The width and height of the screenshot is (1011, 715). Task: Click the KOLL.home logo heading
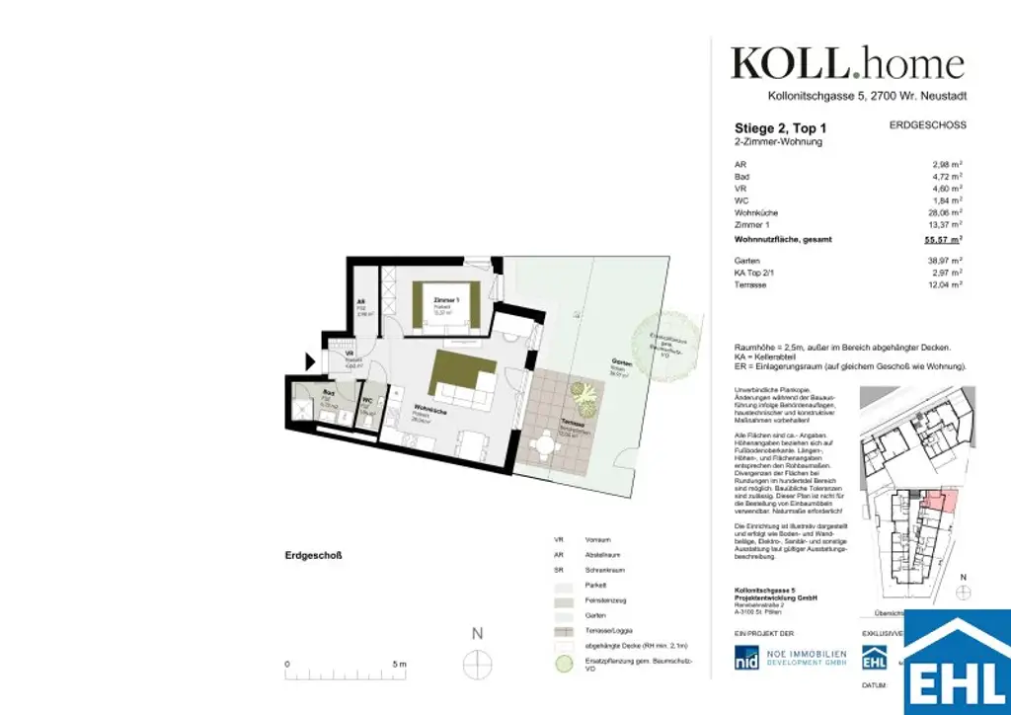[847, 64]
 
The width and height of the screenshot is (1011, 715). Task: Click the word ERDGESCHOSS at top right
[927, 125]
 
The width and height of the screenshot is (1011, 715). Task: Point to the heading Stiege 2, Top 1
[781, 128]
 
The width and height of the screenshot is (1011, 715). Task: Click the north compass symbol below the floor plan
[477, 665]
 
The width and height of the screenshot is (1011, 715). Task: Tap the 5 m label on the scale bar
[399, 665]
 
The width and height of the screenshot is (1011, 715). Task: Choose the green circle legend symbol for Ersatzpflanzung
[562, 665]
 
